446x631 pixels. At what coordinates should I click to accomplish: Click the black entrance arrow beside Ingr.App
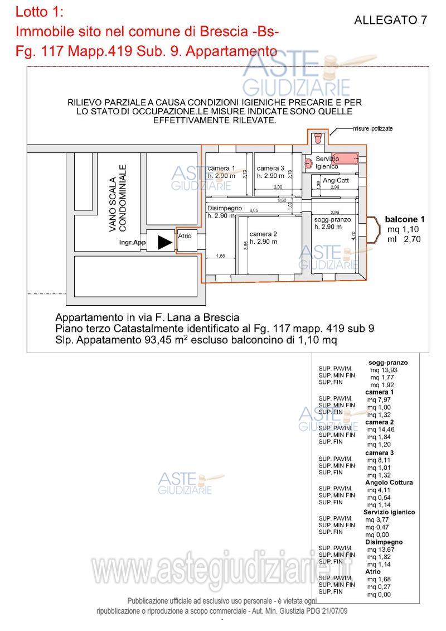tap(164, 242)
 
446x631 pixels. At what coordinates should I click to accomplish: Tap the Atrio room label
tap(185, 236)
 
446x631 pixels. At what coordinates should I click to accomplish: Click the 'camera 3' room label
tap(270, 168)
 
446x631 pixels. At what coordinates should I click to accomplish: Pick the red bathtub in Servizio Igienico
tap(345, 158)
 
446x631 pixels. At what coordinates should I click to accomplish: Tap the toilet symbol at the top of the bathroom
tap(318, 137)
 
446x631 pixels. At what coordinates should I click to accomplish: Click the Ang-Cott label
tap(336, 180)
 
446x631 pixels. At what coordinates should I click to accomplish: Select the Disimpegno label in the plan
tap(225, 208)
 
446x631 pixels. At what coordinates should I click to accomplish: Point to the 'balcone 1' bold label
tap(405, 220)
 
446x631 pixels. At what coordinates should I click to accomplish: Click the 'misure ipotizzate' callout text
tap(372, 128)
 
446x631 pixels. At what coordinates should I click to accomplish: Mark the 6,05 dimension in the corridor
tap(254, 210)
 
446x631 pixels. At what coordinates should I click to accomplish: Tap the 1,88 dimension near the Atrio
tap(220, 256)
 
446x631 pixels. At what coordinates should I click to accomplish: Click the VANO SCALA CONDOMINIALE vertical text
tap(118, 198)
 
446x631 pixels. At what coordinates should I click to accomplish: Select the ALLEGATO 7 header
tap(390, 21)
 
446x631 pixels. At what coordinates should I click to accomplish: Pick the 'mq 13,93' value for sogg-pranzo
tap(382, 370)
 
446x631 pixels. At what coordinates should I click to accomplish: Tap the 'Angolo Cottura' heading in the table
tap(389, 483)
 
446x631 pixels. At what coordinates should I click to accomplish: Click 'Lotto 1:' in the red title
tap(40, 11)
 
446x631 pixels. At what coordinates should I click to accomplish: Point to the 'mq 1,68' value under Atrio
tap(379, 579)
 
